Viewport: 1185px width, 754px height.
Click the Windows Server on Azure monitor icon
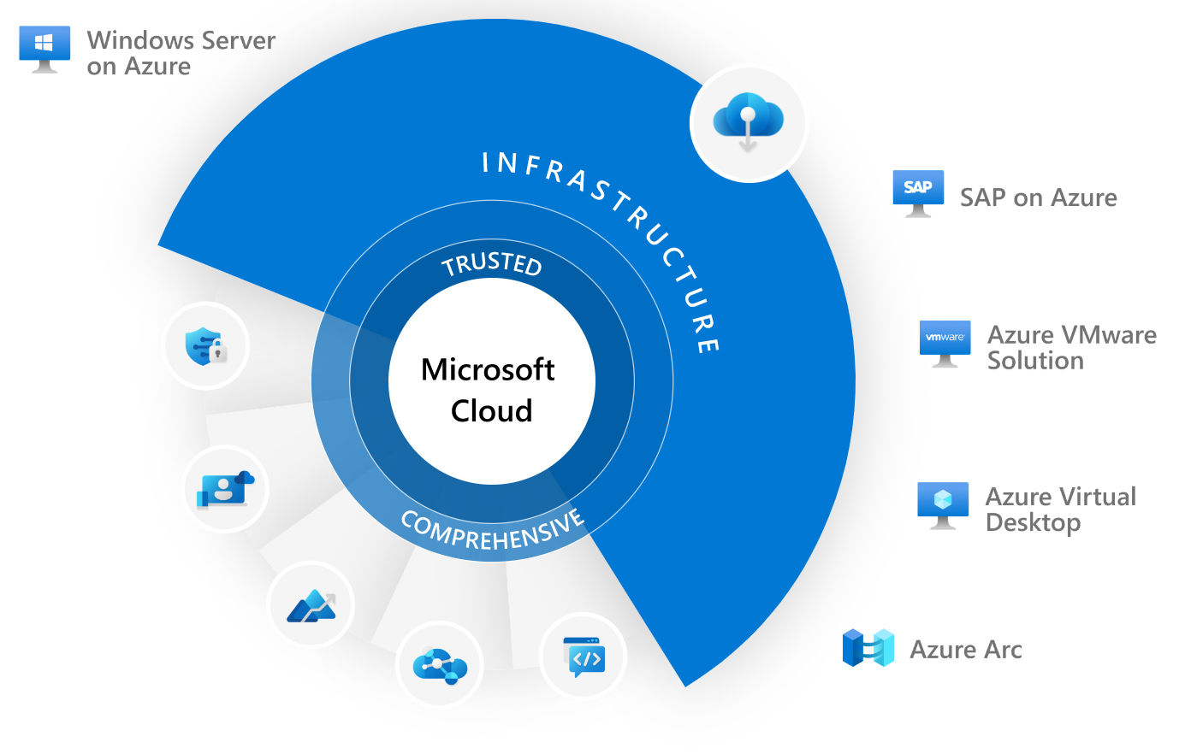tap(44, 48)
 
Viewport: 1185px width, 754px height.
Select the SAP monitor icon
tap(918, 191)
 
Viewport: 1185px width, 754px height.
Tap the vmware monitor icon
tap(945, 342)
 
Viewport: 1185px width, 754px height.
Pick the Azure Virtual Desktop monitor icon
tap(943, 504)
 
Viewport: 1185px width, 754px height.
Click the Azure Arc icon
tap(868, 648)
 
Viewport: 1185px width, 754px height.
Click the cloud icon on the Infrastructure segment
tap(749, 122)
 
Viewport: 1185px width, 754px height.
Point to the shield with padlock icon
tap(205, 346)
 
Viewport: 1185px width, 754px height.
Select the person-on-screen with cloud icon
tap(226, 489)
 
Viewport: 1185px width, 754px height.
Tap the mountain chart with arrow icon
tap(311, 605)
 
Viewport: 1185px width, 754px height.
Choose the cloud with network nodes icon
tap(440, 664)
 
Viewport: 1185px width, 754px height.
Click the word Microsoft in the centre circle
tap(488, 369)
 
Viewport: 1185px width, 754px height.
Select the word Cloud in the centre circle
tap(492, 411)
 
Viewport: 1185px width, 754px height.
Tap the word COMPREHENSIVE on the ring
tap(493, 532)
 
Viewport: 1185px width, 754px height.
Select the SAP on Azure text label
tap(1038, 197)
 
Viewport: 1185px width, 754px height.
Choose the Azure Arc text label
tap(966, 650)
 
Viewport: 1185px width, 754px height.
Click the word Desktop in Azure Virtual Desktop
tap(1033, 522)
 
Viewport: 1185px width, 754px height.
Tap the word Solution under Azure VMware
tap(1035, 361)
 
